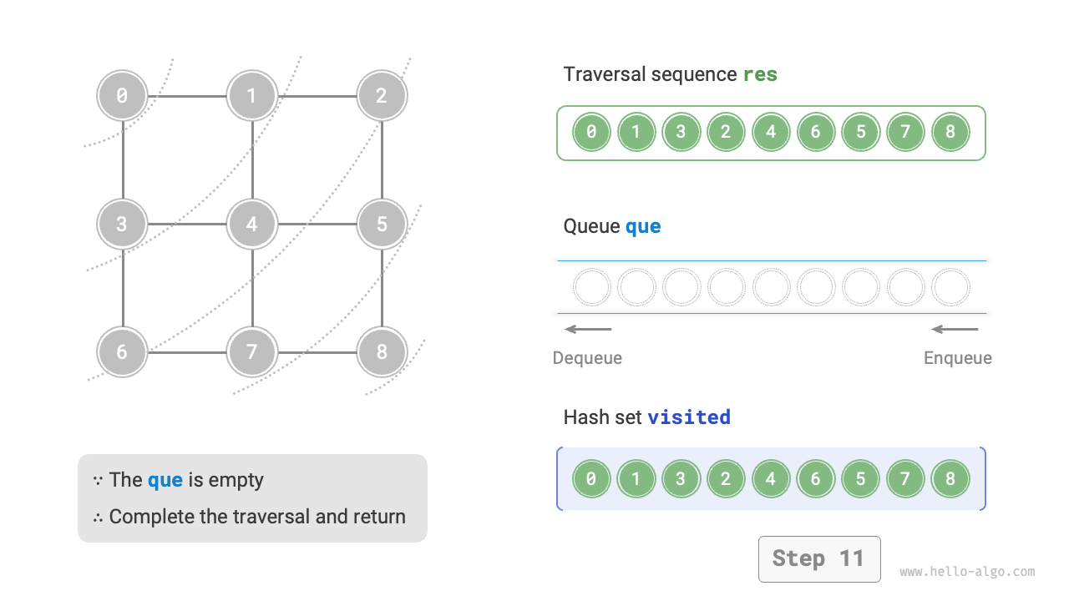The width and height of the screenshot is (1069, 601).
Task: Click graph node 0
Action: (x=122, y=96)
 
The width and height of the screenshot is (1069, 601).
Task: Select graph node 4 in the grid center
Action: (x=251, y=224)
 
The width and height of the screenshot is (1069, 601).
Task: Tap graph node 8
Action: (x=382, y=351)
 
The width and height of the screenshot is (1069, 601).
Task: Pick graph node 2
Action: (x=382, y=96)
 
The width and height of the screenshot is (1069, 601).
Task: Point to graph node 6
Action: (x=122, y=351)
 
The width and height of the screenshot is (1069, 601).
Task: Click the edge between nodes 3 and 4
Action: (x=187, y=224)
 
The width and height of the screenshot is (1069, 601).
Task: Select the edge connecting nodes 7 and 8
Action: (x=317, y=351)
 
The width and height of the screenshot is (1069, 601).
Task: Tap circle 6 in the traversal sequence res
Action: (x=816, y=132)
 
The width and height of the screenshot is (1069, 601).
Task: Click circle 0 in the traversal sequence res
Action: (x=591, y=132)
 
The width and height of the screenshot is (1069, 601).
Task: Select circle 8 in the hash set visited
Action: (x=950, y=479)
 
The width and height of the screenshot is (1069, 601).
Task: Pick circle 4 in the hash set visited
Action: (x=771, y=479)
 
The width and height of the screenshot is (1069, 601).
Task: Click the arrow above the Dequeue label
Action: (x=588, y=329)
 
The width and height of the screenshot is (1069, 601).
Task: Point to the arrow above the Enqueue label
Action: (x=955, y=329)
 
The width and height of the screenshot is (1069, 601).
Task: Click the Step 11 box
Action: (x=818, y=558)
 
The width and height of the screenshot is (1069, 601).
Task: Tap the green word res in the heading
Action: (x=760, y=74)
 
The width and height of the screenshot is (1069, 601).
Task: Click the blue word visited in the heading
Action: (x=689, y=417)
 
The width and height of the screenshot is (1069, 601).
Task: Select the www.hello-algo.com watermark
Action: (x=967, y=572)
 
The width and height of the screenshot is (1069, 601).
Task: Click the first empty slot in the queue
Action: (x=591, y=287)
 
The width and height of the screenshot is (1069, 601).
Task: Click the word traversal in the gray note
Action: (x=273, y=517)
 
